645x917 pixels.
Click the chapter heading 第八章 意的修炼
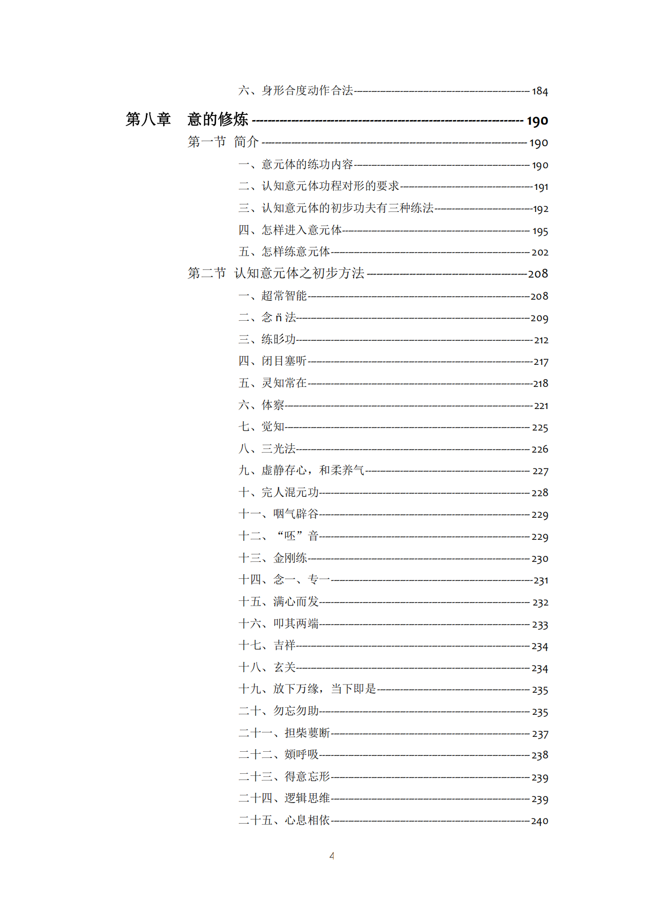click(x=187, y=120)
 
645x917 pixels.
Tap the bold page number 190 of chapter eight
click(x=537, y=121)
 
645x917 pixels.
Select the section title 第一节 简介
click(x=223, y=142)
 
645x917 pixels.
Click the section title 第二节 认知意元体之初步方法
click(x=276, y=274)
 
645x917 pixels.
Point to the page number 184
click(x=540, y=91)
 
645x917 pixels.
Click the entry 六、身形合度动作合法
click(x=296, y=91)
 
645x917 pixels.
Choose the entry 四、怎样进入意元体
click(x=290, y=230)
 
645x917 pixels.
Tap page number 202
click(x=540, y=252)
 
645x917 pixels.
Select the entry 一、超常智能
click(x=272, y=296)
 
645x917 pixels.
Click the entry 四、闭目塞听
click(x=272, y=361)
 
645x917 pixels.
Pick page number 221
click(x=541, y=406)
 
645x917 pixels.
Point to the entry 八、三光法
click(x=267, y=449)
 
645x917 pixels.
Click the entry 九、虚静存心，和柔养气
click(x=301, y=471)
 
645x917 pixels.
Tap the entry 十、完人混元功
click(x=279, y=493)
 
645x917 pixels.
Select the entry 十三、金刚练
click(x=272, y=558)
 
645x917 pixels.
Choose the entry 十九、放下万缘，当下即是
click(x=307, y=689)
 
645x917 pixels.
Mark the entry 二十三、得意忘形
click(x=284, y=777)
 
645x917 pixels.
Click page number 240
click(x=539, y=821)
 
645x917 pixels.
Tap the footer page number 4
click(x=332, y=856)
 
